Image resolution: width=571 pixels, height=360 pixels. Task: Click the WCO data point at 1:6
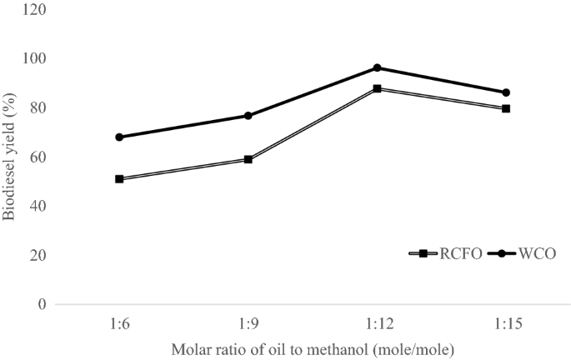[x=119, y=137]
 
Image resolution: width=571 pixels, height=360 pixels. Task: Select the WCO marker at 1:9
[x=248, y=115]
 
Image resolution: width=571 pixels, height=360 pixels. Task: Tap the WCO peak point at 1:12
[x=377, y=67]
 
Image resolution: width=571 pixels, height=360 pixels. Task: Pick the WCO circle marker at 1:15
[x=506, y=92]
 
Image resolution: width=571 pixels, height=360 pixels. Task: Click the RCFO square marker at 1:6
[x=119, y=178]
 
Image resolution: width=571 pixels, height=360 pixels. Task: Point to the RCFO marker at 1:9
[x=248, y=159]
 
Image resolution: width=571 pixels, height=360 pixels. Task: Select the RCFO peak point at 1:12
[x=377, y=88]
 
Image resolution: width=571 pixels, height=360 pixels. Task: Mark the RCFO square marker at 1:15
[x=506, y=108]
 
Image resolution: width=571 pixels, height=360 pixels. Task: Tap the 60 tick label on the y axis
[x=38, y=157]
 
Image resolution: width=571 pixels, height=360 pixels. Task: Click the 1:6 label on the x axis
[x=119, y=322]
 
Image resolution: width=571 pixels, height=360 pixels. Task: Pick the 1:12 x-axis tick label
[x=377, y=322]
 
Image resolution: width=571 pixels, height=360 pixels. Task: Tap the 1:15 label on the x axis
[x=506, y=322]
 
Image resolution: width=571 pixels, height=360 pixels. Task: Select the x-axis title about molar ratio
[x=313, y=347]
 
